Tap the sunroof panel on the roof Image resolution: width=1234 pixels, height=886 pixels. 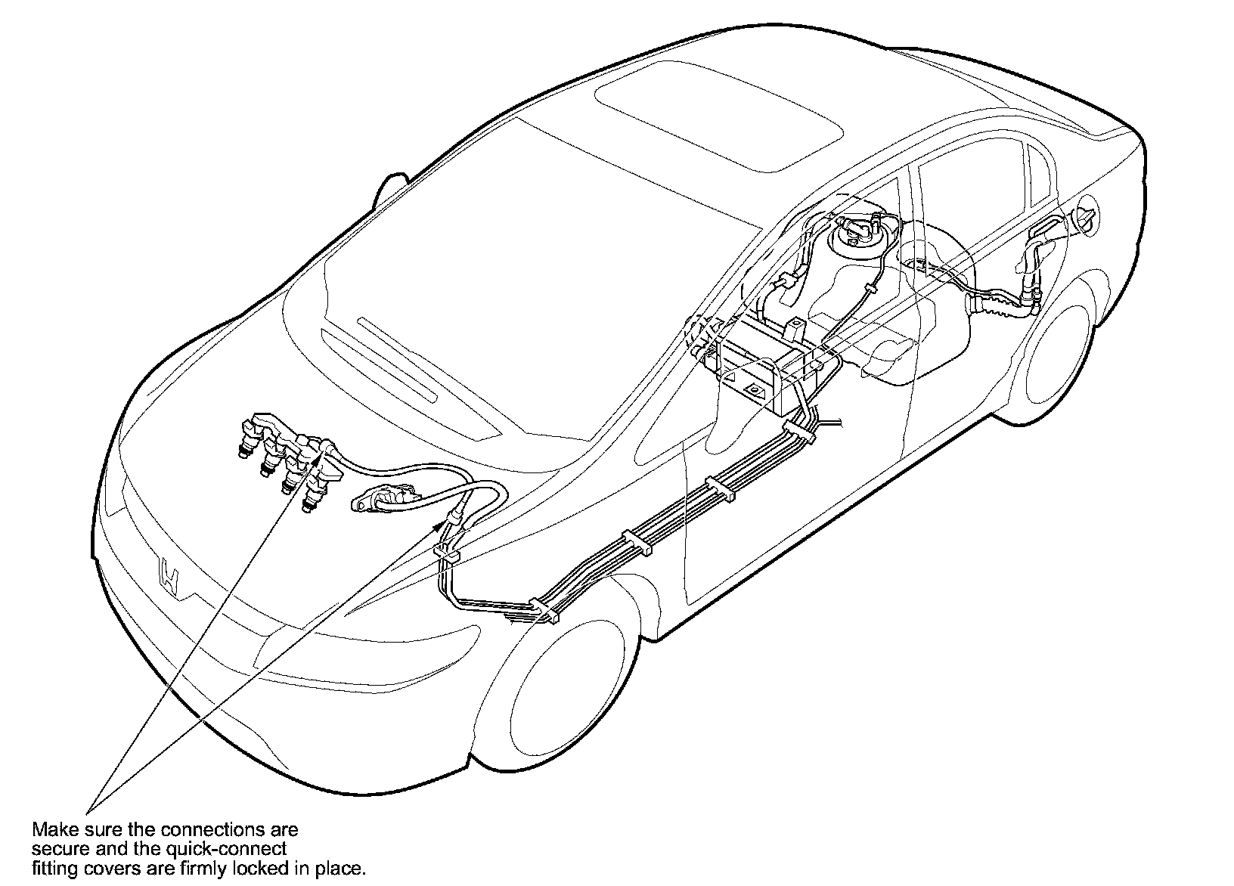point(719,122)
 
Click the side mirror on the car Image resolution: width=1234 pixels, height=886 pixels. point(391,189)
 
